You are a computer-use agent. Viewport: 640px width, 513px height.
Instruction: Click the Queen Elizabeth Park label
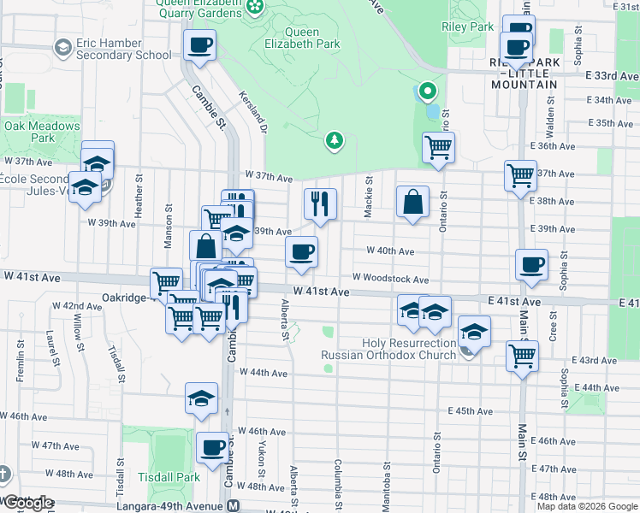pos(311,38)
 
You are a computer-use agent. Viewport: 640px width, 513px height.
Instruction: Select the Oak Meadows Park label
pos(42,132)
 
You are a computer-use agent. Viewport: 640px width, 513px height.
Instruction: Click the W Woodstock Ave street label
pos(390,279)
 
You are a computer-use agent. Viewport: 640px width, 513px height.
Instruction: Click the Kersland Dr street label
pos(254,113)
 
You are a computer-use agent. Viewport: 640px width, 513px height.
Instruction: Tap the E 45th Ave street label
pos(471,411)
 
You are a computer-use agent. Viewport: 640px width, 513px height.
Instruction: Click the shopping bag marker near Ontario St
pos(412,203)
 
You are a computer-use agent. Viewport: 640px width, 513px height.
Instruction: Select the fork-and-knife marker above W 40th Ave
pos(320,204)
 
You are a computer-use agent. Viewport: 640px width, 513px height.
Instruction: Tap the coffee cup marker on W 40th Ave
pos(300,253)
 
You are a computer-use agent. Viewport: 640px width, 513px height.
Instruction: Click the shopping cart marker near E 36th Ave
pos(438,148)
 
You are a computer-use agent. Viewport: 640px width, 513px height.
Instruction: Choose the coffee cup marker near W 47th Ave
pos(212,447)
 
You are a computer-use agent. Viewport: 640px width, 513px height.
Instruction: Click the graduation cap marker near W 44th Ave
pos(202,398)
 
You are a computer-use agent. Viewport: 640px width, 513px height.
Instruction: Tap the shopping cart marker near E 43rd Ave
pos(522,355)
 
